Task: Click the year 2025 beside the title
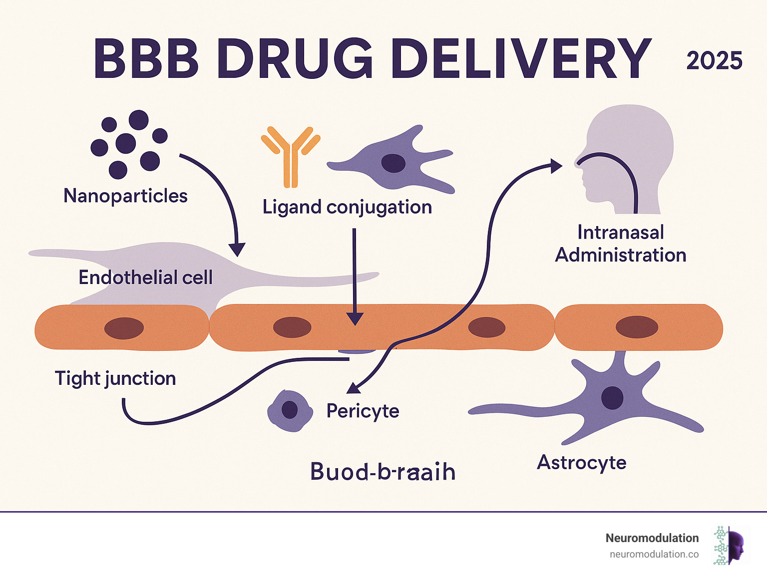[x=714, y=61]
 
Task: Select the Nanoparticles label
[x=125, y=196]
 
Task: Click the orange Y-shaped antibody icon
[x=290, y=154]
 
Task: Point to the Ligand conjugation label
[x=347, y=207]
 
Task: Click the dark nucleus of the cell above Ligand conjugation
[x=393, y=163]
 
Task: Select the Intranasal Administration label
[x=620, y=244]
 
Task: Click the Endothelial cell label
[x=145, y=278]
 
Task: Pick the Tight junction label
[x=115, y=378]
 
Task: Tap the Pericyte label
[x=363, y=411]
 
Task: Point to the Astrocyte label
[x=581, y=462]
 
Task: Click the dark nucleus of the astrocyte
[x=612, y=398]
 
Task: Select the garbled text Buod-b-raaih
[x=383, y=472]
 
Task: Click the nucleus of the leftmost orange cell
[x=124, y=328]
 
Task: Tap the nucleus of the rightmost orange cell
[x=636, y=327]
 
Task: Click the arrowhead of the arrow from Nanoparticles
[x=237, y=250]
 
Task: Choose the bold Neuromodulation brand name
[x=652, y=538]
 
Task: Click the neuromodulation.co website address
[x=654, y=554]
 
